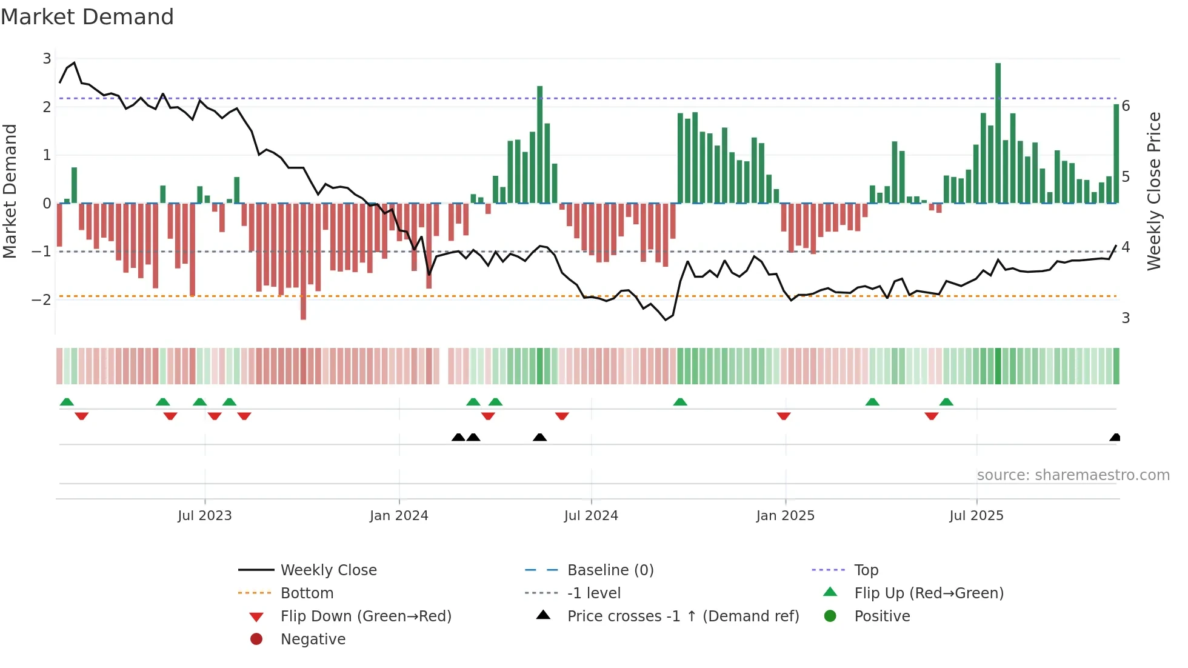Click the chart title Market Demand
87,17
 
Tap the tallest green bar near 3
998,133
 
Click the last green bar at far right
1116,154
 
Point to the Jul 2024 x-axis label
591,516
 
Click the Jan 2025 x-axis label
785,516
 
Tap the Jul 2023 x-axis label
205,516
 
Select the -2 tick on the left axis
41,299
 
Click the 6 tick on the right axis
1126,106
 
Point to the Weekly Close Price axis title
1154,191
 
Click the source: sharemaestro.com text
1073,475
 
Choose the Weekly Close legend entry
328,570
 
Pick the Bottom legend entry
307,593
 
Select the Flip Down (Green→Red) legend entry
365,616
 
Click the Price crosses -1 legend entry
683,616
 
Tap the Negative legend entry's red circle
256,640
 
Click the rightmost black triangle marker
1115,438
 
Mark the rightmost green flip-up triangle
946,402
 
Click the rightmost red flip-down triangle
932,416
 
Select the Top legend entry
866,570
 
